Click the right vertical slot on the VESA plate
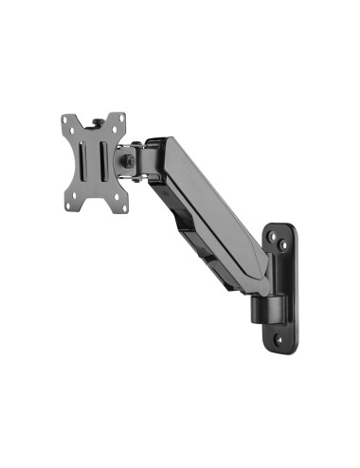[x=106, y=161]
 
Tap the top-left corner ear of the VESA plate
[x=67, y=121]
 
